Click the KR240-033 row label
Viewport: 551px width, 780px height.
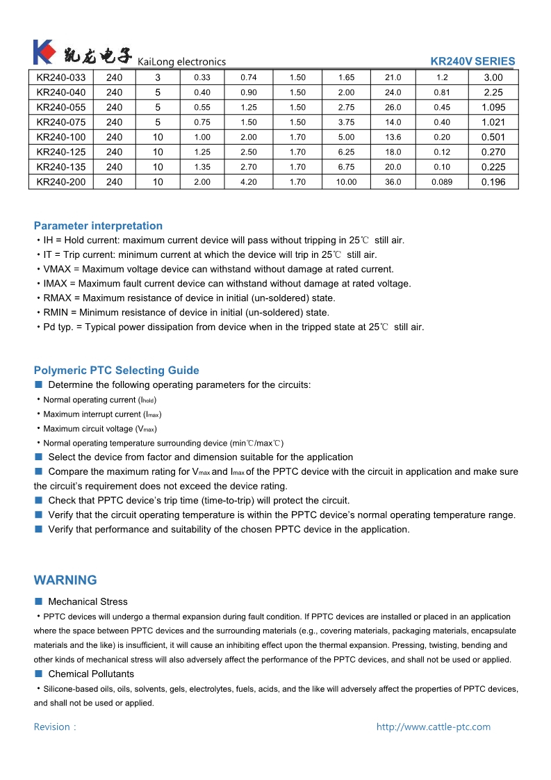tap(61, 78)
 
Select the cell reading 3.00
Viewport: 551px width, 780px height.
tap(493, 78)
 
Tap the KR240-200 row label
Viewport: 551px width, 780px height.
tap(61, 182)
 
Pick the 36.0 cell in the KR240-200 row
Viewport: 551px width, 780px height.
tap(393, 182)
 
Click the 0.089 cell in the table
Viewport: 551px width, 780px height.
tap(442, 182)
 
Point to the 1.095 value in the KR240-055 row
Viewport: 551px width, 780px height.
tap(493, 108)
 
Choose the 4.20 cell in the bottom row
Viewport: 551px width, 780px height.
tap(248, 182)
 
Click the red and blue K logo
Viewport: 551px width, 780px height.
tap(43, 52)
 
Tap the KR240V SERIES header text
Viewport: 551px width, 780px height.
tap(472, 61)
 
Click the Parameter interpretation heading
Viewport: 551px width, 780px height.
tap(98, 226)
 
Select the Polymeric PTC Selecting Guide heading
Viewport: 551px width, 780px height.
tap(116, 371)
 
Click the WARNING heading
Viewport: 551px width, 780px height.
tap(65, 580)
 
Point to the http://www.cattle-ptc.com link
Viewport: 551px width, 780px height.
tap(433, 727)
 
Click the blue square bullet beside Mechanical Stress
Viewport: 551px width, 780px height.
tap(39, 601)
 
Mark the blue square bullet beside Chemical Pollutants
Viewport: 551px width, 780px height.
tap(39, 674)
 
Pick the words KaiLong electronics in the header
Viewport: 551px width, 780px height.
tap(182, 62)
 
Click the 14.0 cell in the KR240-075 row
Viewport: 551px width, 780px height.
tap(393, 122)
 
